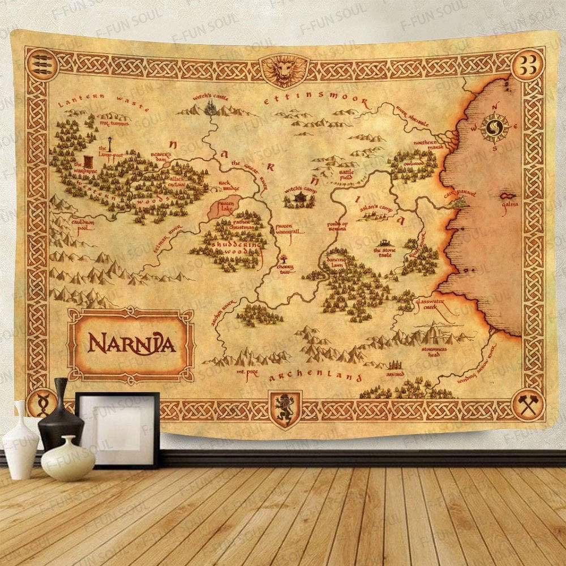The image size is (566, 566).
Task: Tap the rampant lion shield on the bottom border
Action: (x=282, y=406)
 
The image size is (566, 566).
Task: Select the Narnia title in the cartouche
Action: (x=131, y=342)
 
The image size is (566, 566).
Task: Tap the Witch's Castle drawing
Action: (x=212, y=107)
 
